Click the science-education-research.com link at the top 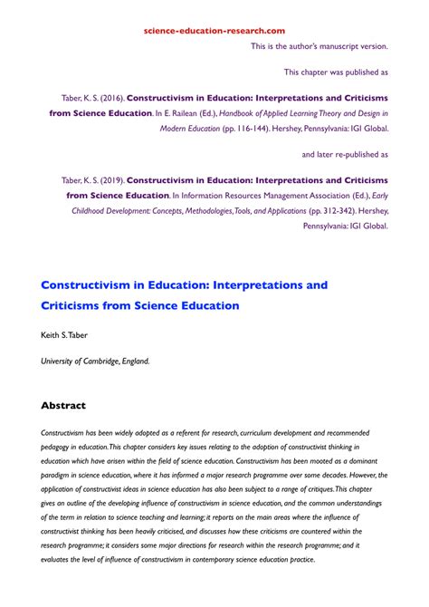pyautogui.click(x=214, y=30)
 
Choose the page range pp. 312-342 pyautogui.click(x=335, y=211)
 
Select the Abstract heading pyautogui.click(x=75, y=405)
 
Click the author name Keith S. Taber pyautogui.click(x=66, y=335)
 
